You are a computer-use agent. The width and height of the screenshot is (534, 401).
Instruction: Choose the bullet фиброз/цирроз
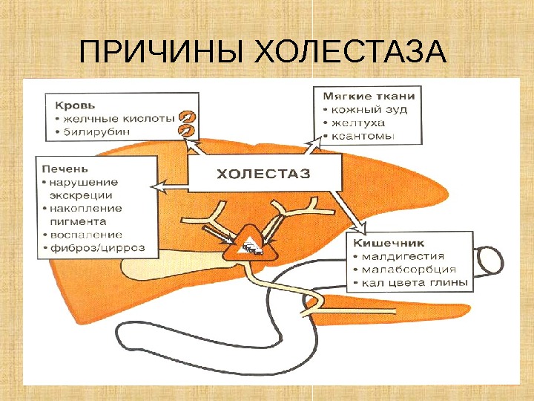pos(96,247)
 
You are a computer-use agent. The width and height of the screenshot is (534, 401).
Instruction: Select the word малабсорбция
pos(404,270)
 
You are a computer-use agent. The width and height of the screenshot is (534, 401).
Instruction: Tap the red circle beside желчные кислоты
pos(187,117)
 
